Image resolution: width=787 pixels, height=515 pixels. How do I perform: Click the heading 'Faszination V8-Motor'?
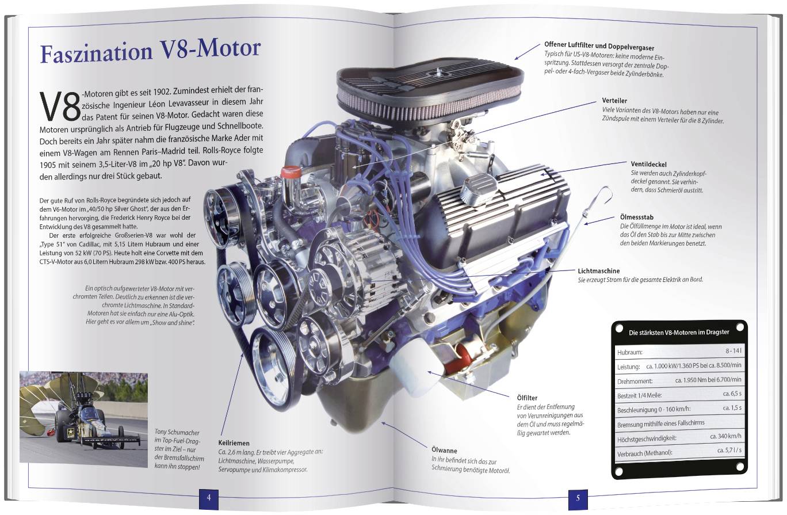coord(150,51)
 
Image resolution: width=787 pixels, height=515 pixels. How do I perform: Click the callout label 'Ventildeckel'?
coord(649,165)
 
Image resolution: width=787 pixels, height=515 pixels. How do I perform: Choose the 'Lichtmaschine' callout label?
coord(598,270)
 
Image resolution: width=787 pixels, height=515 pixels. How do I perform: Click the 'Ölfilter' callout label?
coord(527,398)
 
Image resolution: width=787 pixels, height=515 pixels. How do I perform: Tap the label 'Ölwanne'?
coord(444,451)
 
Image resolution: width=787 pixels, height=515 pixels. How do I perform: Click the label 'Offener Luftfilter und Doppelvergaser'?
coord(599,46)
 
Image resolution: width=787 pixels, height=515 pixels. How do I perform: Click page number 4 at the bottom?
coord(209,498)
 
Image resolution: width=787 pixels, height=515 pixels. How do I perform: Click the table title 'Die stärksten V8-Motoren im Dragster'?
coord(679,332)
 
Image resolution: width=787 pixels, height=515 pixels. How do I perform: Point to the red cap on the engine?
coord(291,171)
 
